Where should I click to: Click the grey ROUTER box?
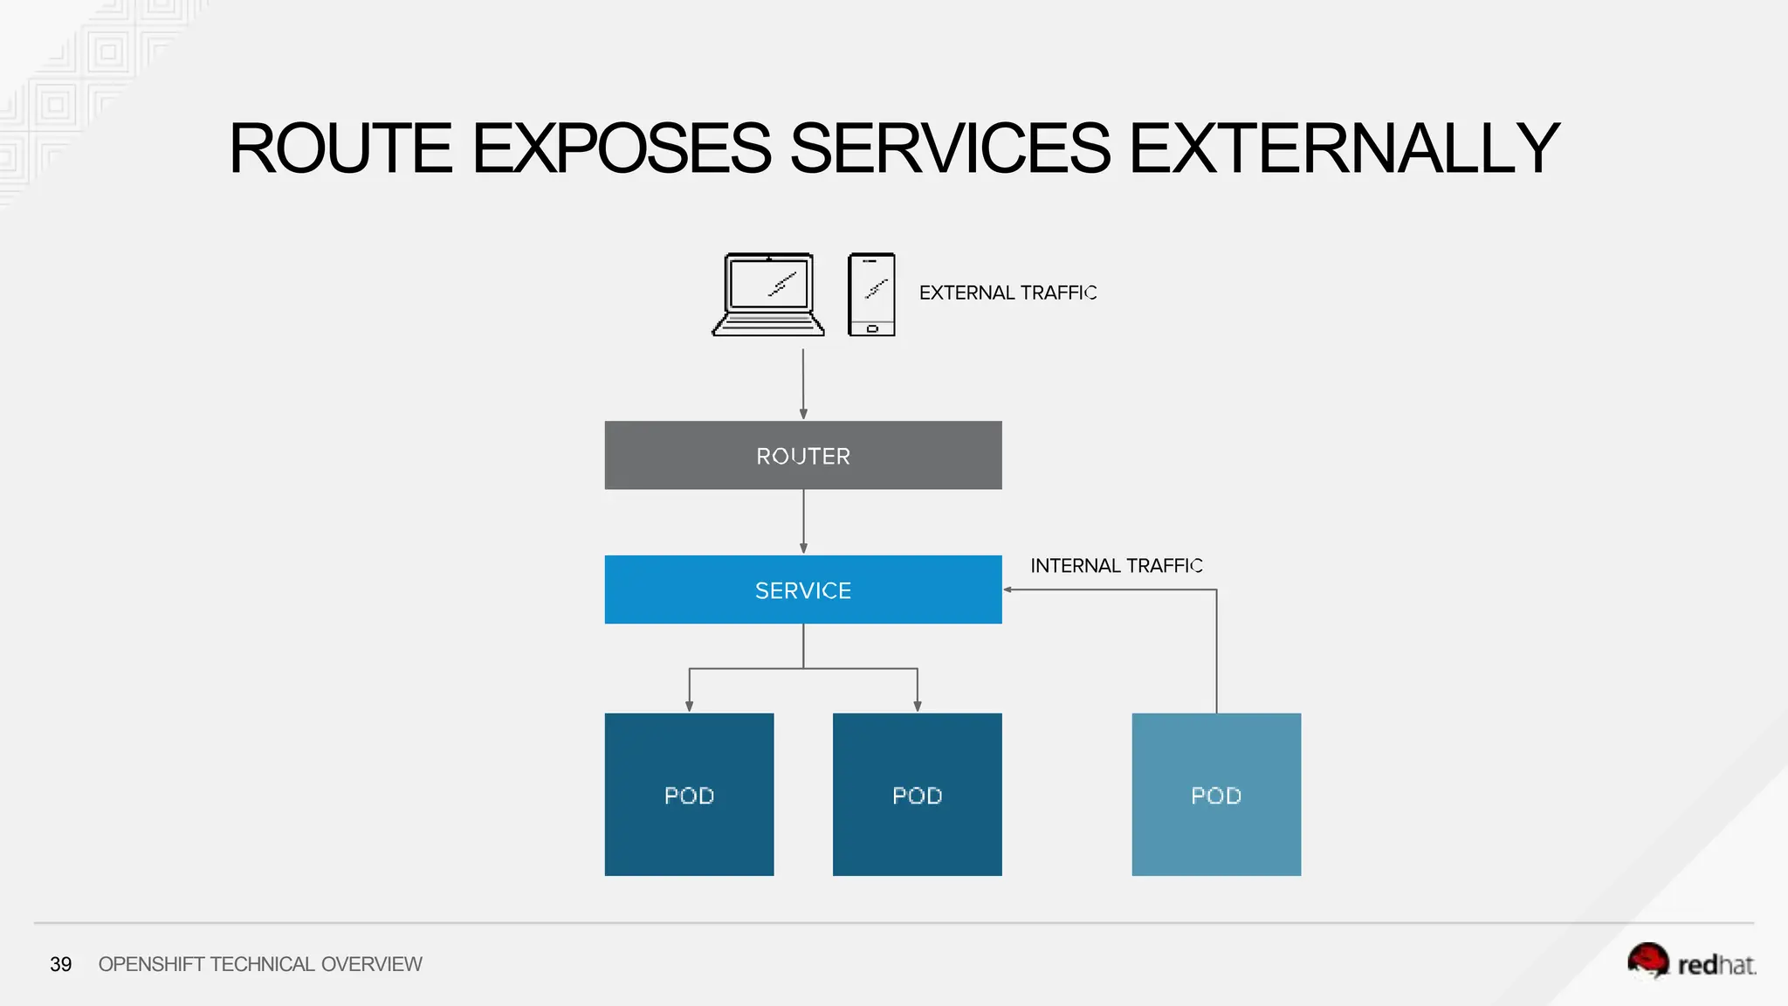[803, 455]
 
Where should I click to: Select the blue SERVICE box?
[803, 589]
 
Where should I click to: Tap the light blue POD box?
[1216, 794]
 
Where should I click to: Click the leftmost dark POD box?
[689, 794]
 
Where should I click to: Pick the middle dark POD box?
[917, 794]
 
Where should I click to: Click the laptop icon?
[768, 295]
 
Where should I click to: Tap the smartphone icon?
[871, 295]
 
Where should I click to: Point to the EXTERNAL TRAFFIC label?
[1007, 293]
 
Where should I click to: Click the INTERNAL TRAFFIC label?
[1116, 566]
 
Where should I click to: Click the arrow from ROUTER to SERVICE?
[803, 520]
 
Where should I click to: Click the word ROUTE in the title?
[340, 148]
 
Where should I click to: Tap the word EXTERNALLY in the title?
[1344, 148]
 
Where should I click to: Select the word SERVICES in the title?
[950, 148]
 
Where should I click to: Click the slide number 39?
[61, 964]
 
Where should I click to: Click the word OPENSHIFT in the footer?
[152, 964]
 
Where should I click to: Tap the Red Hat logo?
[1691, 962]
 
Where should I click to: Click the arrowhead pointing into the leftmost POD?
[689, 706]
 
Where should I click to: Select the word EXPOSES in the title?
[622, 148]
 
